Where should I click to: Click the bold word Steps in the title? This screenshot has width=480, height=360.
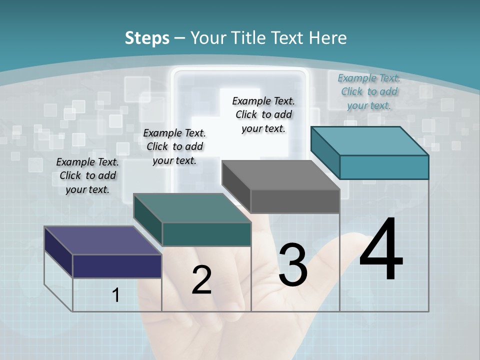click(147, 38)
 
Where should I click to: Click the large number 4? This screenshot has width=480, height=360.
click(381, 249)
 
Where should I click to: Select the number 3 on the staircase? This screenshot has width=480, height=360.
click(293, 264)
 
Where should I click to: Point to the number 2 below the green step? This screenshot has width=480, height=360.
click(201, 280)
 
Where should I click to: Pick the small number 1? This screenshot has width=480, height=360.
click(116, 295)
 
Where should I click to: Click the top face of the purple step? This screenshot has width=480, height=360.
click(102, 240)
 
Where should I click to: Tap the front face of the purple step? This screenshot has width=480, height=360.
click(117, 266)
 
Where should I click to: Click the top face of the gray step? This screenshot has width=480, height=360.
click(280, 175)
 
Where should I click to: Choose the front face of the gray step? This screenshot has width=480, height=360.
click(295, 201)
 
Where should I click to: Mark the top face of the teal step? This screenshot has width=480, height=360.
click(369, 140)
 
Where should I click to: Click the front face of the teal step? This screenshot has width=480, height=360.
click(384, 167)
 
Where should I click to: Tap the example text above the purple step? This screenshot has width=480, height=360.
click(87, 175)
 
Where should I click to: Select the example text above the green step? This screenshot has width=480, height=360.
click(174, 146)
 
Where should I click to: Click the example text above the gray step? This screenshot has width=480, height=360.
click(263, 114)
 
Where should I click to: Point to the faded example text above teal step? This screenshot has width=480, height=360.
click(369, 91)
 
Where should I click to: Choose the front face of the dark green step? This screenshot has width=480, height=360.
click(206, 234)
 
